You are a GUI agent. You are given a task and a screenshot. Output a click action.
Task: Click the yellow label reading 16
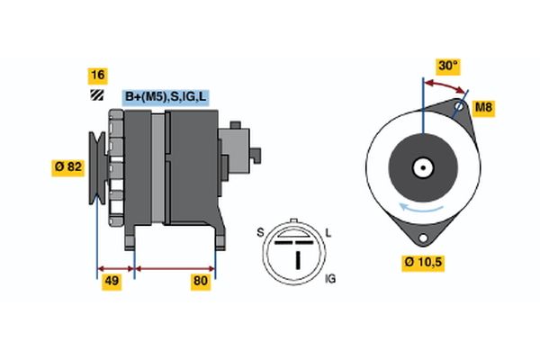pyautogui.click(x=97, y=75)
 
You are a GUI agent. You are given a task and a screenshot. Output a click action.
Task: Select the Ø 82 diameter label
pyautogui.click(x=68, y=166)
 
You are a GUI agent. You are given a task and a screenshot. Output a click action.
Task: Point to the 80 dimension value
pyautogui.click(x=201, y=282)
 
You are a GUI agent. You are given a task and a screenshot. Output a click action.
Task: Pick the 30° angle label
pyautogui.click(x=447, y=66)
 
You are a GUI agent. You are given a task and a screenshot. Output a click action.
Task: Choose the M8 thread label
pyautogui.click(x=483, y=109)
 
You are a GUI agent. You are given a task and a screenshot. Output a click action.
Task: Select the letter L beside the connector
pyautogui.click(x=328, y=233)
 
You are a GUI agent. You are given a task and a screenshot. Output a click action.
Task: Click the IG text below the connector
pyautogui.click(x=329, y=281)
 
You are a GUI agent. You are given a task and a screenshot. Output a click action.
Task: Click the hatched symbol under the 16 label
pyautogui.click(x=96, y=94)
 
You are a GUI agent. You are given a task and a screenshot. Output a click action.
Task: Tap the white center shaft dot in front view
pyautogui.click(x=420, y=166)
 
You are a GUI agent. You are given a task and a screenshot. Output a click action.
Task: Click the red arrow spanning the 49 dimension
pyautogui.click(x=115, y=268)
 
